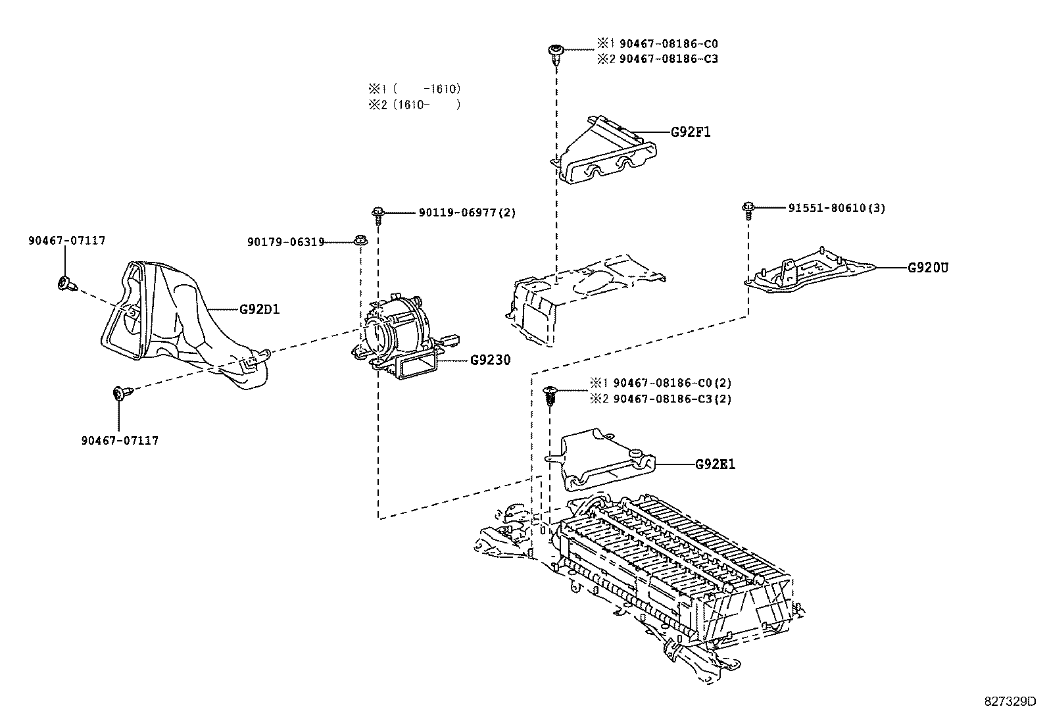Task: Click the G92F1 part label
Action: [x=691, y=132]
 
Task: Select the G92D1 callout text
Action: [x=259, y=309]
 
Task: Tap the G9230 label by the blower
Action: [x=490, y=361]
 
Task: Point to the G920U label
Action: [x=928, y=268]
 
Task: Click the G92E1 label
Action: [x=715, y=464]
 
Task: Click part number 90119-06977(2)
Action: [x=467, y=212]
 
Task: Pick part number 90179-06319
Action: [x=285, y=242]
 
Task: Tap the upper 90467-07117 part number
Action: [x=66, y=241]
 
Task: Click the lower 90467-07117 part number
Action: [x=120, y=440]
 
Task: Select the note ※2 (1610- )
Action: [x=414, y=104]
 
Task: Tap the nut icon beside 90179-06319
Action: [x=360, y=240]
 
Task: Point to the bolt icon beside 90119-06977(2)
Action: [x=378, y=214]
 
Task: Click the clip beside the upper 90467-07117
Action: [x=66, y=284]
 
